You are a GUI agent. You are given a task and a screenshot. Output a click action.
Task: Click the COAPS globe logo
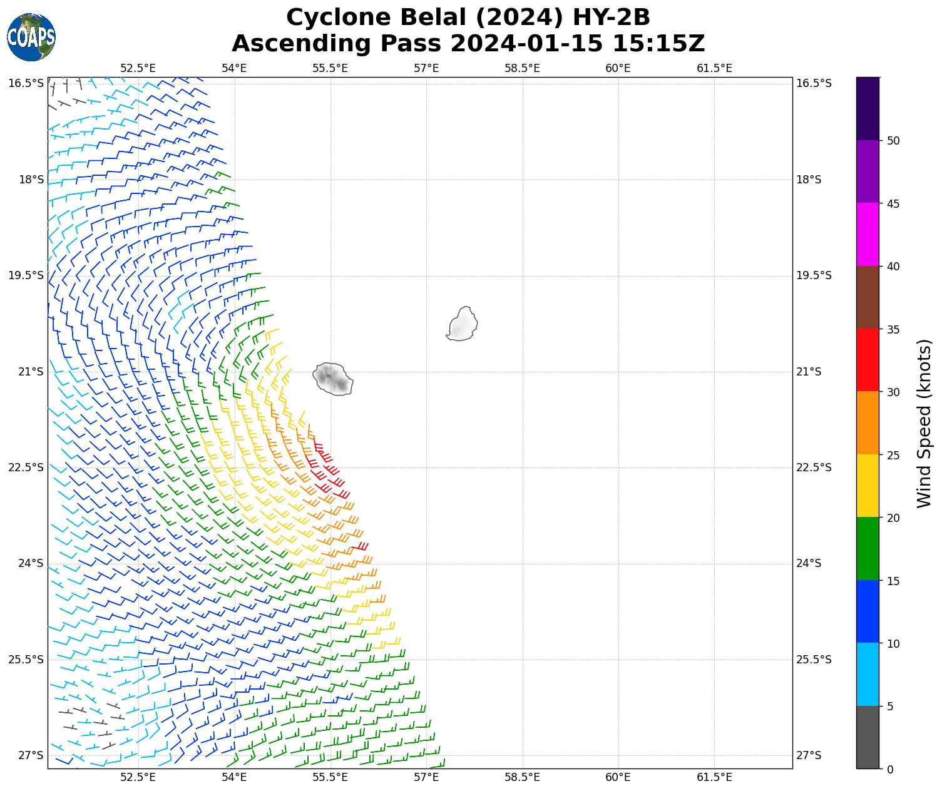click(31, 37)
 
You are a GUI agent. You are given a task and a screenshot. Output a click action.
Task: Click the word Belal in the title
click(431, 18)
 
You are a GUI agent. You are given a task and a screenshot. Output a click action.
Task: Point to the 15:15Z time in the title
click(658, 44)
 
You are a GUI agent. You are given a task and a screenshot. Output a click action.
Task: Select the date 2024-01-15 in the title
click(526, 44)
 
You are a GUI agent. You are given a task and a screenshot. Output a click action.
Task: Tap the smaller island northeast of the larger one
click(463, 324)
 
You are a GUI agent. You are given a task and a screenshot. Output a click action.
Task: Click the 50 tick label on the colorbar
click(893, 141)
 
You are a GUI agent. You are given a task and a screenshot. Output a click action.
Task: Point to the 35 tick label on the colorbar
click(893, 330)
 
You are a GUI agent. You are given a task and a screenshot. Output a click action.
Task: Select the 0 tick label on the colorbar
click(890, 770)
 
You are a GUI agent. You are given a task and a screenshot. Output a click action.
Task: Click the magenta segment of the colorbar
click(868, 235)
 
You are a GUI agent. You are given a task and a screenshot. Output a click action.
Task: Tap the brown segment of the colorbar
click(868, 297)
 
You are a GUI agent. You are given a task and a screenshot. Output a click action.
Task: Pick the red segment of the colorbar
click(868, 360)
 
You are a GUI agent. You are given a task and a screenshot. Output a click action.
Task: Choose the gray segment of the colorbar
click(868, 737)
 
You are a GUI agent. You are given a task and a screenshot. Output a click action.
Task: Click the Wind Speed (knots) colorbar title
click(924, 423)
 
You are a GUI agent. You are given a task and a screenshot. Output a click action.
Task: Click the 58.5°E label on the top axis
click(522, 68)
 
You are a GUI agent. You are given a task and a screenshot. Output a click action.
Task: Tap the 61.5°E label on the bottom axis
click(714, 777)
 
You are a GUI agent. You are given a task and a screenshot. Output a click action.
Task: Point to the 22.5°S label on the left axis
click(26, 467)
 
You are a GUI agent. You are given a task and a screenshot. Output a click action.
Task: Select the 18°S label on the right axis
click(809, 180)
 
